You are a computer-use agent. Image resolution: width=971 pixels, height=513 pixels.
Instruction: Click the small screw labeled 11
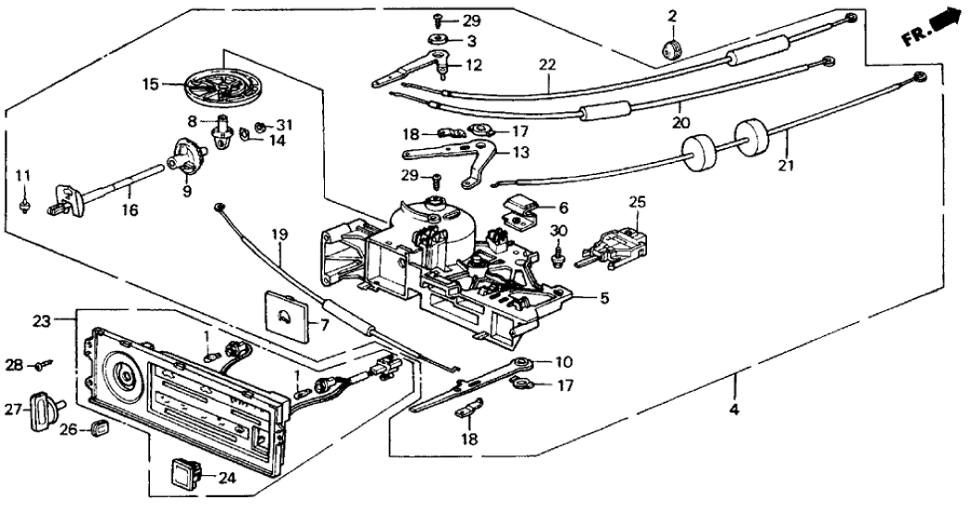click(24, 203)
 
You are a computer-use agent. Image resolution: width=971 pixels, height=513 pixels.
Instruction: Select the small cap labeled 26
click(99, 428)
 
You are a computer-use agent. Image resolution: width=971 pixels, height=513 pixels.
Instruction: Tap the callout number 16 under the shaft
click(129, 211)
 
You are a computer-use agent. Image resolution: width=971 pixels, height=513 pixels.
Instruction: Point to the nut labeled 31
click(260, 127)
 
